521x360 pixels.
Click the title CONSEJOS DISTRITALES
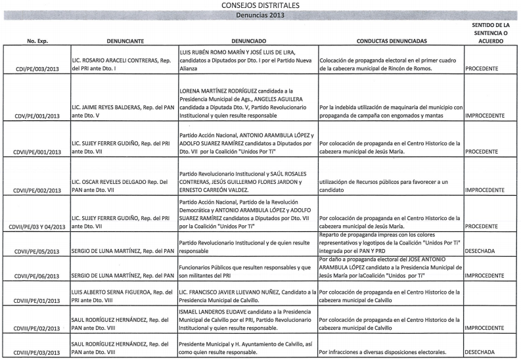click(x=260, y=6)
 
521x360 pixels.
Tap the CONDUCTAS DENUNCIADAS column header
click(x=391, y=40)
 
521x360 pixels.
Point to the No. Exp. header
click(x=36, y=40)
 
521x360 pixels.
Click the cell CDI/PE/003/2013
click(x=35, y=68)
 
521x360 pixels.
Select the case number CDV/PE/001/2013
click(x=35, y=116)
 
